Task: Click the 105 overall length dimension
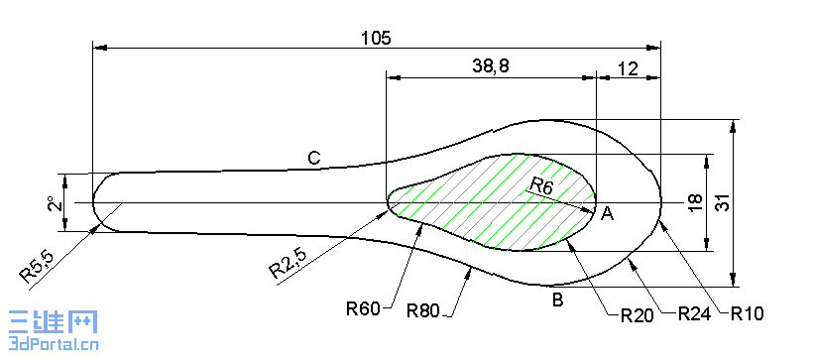pyautogui.click(x=376, y=38)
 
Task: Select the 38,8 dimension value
pyautogui.click(x=491, y=65)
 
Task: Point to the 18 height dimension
pyautogui.click(x=694, y=202)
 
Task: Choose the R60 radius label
pyautogui.click(x=365, y=308)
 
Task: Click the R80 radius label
pyautogui.click(x=425, y=310)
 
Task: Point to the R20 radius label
pyautogui.click(x=638, y=315)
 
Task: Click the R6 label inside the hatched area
pyautogui.click(x=542, y=184)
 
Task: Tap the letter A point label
pyautogui.click(x=608, y=212)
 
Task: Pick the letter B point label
pyautogui.click(x=558, y=300)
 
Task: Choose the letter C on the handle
pyautogui.click(x=313, y=158)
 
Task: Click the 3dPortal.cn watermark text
pyautogui.click(x=50, y=345)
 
